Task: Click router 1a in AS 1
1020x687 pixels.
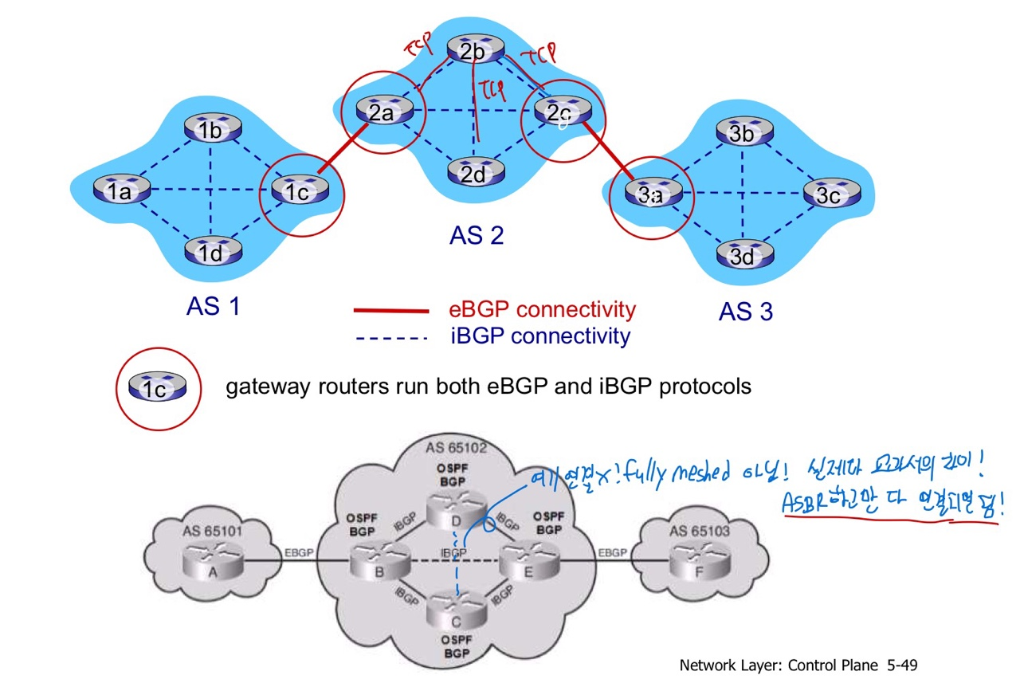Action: point(120,190)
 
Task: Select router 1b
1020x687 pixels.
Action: point(211,129)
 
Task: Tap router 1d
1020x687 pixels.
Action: point(211,252)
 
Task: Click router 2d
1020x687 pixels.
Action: point(474,173)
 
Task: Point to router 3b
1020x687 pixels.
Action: point(742,132)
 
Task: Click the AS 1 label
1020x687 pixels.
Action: point(213,306)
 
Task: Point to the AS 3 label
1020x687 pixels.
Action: point(745,312)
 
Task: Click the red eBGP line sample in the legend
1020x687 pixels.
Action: point(391,311)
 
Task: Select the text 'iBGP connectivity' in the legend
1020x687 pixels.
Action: point(539,336)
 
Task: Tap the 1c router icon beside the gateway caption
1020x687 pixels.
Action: point(158,388)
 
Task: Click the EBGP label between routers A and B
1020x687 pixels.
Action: point(300,552)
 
